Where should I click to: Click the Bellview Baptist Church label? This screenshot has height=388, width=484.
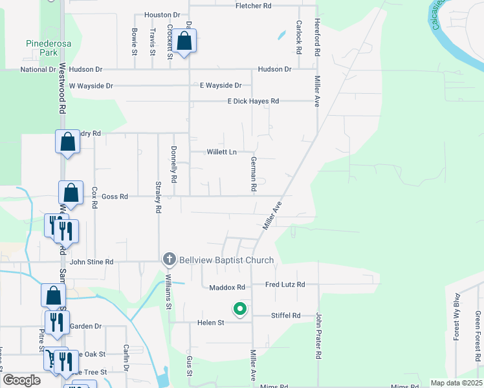(x=227, y=260)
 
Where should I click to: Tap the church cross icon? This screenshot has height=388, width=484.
(x=170, y=260)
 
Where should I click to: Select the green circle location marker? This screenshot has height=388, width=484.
(x=240, y=310)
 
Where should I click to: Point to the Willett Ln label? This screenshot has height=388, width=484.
(x=221, y=153)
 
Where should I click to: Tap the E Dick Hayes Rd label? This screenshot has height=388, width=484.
(x=252, y=101)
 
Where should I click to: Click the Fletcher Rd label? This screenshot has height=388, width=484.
(x=253, y=5)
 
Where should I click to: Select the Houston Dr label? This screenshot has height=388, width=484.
(x=161, y=14)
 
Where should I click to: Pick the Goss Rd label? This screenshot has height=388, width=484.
(x=115, y=196)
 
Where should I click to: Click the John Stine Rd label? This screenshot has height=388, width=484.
(x=91, y=262)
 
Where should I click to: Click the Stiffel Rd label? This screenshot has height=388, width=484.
(x=285, y=316)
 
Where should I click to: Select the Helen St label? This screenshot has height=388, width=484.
(x=210, y=322)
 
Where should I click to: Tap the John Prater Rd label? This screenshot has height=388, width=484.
(x=318, y=336)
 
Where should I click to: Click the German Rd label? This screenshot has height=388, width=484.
(x=254, y=174)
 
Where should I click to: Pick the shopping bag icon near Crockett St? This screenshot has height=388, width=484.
(x=184, y=41)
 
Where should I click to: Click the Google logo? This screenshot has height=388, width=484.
(x=21, y=380)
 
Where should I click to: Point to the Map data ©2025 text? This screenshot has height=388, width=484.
(x=456, y=383)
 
